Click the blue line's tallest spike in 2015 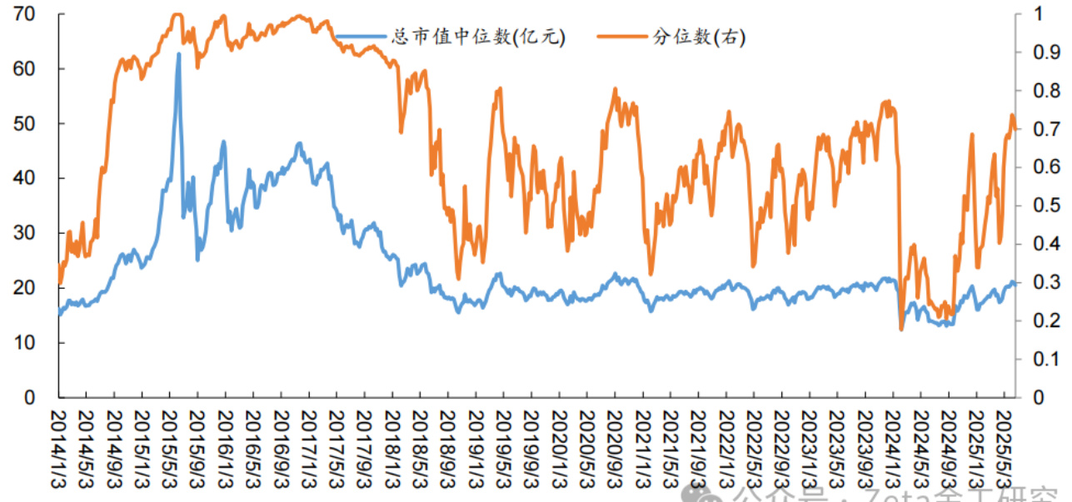pyautogui.click(x=178, y=54)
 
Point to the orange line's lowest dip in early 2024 pyautogui.click(x=901, y=330)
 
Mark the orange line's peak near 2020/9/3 pyautogui.click(x=615, y=89)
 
